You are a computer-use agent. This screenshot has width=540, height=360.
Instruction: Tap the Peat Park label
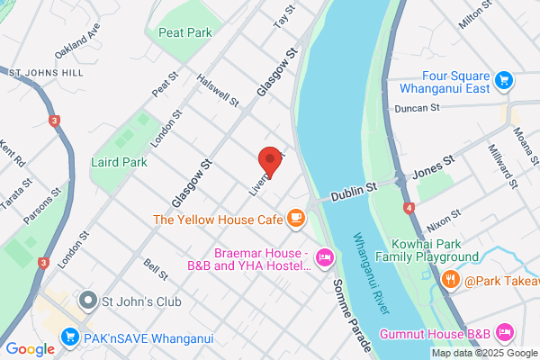(x=184, y=32)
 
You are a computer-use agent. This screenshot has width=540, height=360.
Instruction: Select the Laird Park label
(x=119, y=163)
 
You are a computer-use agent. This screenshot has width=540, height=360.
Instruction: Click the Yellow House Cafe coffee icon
(x=295, y=218)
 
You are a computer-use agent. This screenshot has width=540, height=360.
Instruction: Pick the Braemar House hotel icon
(x=325, y=259)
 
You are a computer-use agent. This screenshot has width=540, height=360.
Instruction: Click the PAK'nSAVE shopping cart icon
(x=69, y=337)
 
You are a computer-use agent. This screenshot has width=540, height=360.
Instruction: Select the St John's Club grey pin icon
(x=87, y=299)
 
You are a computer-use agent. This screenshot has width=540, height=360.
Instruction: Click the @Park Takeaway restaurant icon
(x=451, y=280)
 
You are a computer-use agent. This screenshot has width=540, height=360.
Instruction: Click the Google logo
(x=30, y=348)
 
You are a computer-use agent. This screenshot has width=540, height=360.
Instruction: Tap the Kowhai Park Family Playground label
(x=436, y=250)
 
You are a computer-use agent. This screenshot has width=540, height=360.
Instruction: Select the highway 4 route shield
(x=409, y=208)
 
